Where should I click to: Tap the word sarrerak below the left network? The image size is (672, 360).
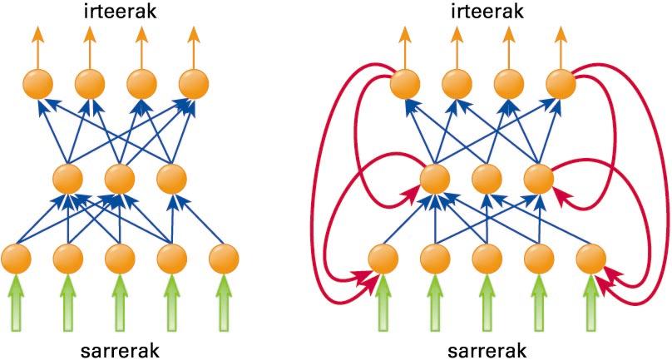point(119,348)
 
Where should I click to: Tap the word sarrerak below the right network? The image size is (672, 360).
point(487,348)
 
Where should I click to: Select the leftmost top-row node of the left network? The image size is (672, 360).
point(37,83)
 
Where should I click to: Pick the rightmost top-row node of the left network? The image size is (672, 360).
point(193,83)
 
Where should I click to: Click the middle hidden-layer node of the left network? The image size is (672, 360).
point(119,177)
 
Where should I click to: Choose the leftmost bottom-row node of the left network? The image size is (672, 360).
point(17,258)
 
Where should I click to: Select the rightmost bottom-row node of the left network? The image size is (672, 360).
point(223,258)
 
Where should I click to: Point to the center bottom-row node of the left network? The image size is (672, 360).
point(119,258)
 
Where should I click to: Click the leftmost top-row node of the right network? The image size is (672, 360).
point(405,83)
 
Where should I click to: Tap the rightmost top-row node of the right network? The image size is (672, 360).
point(561,83)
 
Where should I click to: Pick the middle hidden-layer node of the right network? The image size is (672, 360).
point(487,177)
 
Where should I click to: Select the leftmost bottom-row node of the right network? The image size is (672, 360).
point(383,258)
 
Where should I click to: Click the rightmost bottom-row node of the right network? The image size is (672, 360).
point(590,258)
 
